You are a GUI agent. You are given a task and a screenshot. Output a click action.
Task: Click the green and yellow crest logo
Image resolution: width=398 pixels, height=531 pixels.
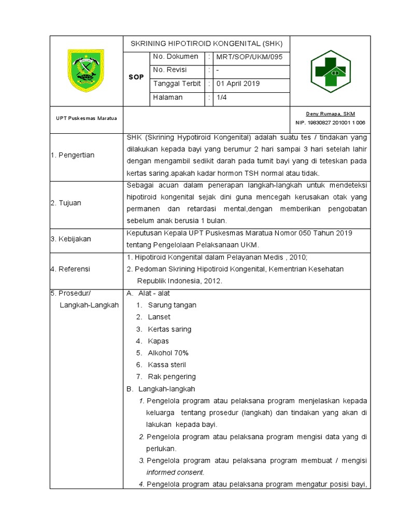86,71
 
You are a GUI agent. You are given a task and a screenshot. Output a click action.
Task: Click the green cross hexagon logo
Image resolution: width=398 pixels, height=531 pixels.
330,72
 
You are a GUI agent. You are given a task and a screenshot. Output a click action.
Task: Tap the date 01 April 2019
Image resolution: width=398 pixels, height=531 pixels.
238,83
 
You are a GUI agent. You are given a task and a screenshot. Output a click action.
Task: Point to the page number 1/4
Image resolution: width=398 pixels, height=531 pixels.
221,97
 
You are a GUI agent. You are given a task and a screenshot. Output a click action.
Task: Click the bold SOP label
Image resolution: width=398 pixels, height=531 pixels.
136,77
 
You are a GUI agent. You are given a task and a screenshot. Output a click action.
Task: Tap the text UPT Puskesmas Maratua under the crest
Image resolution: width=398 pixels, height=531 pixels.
86,118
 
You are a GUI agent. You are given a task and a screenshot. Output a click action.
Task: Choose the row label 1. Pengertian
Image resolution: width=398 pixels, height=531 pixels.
73,155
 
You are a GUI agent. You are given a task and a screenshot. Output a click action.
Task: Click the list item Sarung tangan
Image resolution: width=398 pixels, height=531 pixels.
172,305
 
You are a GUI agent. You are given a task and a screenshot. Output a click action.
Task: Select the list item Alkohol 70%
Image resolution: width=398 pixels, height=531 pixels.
168,353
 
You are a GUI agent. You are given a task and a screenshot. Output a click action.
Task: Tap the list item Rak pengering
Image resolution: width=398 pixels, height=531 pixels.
172,376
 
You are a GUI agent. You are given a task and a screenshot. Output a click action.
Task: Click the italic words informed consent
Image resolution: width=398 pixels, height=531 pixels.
175,472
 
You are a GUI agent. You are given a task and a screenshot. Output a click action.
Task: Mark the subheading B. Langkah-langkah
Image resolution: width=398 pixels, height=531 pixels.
161,388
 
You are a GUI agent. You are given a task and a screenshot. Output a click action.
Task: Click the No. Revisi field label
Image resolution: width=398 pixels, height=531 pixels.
170,70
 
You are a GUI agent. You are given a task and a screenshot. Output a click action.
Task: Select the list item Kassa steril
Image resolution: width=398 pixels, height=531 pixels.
167,365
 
